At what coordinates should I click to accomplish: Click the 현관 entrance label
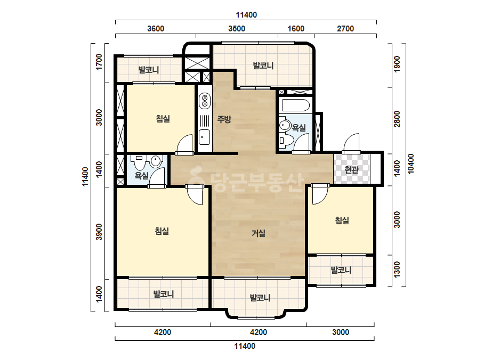[x=351, y=170]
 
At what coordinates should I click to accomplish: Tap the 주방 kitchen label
[x=224, y=119]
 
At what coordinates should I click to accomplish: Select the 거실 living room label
[x=259, y=233]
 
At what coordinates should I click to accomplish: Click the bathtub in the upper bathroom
[x=296, y=105]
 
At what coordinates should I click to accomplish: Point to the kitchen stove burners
[x=204, y=100]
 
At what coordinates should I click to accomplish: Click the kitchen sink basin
[x=204, y=137]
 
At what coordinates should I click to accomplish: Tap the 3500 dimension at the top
[x=237, y=29]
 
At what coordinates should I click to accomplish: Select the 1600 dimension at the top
[x=296, y=29]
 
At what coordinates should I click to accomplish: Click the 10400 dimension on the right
[x=410, y=163]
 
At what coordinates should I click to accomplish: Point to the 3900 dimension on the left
[x=99, y=232]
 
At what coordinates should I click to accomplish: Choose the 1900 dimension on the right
[x=397, y=64]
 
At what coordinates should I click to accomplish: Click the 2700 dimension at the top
[x=345, y=29]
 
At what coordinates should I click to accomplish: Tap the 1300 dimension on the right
[x=397, y=269]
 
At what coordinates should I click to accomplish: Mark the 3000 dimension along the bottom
[x=341, y=332]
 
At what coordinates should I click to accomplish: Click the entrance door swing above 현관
[x=351, y=143]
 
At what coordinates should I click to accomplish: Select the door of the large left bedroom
[x=195, y=195]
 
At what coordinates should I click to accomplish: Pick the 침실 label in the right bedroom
[x=342, y=220]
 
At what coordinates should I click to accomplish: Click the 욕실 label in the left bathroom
[x=141, y=175]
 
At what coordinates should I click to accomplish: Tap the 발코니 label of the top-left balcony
[x=149, y=70]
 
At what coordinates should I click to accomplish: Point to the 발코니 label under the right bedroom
[x=341, y=270]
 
